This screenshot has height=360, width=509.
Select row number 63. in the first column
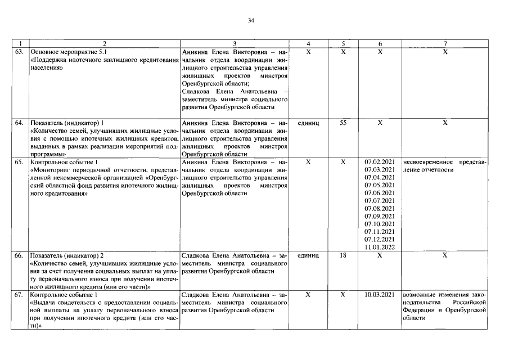[x=20, y=52]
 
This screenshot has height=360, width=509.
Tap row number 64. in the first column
[x=20, y=122]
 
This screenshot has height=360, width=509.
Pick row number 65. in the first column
[x=20, y=162]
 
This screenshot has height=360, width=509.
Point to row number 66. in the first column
[x=20, y=255]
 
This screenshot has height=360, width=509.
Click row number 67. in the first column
[x=20, y=294]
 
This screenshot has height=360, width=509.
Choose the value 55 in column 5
[x=343, y=122]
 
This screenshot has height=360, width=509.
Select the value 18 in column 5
[x=343, y=255]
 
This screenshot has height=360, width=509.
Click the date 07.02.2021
[x=380, y=162]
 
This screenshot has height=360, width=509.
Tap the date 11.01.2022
[x=380, y=247]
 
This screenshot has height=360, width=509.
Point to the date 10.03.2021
[x=380, y=294]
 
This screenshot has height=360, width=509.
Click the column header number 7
[x=445, y=43]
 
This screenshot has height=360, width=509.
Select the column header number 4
[x=308, y=43]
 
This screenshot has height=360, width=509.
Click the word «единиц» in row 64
[x=308, y=122]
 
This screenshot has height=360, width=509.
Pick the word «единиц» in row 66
[x=308, y=255]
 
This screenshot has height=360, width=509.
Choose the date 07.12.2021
[x=380, y=239]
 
